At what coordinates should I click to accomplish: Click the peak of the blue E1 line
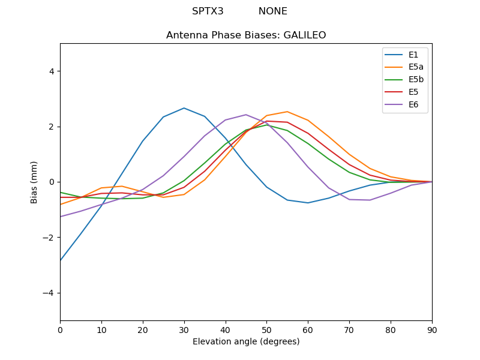pyautogui.click(x=184, y=108)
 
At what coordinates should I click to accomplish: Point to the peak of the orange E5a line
pyautogui.click(x=287, y=112)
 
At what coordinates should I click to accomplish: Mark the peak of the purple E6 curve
pyautogui.click(x=246, y=115)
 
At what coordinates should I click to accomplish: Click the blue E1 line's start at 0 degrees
pyautogui.click(x=60, y=260)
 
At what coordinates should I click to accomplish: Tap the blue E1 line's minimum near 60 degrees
pyautogui.click(x=308, y=203)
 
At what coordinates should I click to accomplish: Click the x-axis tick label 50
pyautogui.click(x=266, y=329)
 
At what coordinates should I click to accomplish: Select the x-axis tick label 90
pyautogui.click(x=432, y=329)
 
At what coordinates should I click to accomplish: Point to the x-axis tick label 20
pyautogui.click(x=143, y=329)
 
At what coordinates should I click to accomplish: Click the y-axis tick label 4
pyautogui.click(x=52, y=71)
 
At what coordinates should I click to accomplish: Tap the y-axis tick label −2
pyautogui.click(x=49, y=238)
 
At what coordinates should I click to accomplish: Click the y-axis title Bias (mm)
pyautogui.click(x=34, y=182)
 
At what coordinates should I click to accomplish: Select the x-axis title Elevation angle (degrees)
pyautogui.click(x=246, y=341)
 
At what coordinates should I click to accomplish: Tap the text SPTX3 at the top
pyautogui.click(x=208, y=11)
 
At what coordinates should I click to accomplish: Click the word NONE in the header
pyautogui.click(x=273, y=11)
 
